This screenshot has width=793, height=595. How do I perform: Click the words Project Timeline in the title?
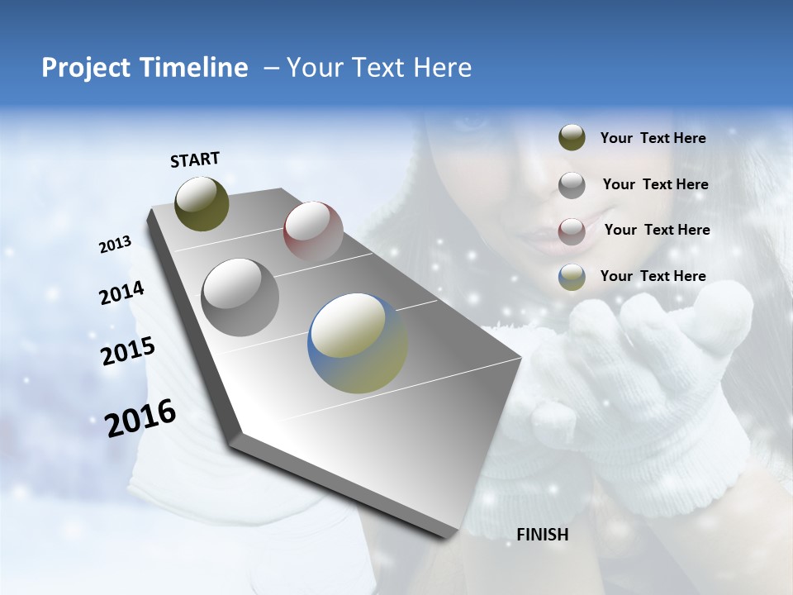click(145, 68)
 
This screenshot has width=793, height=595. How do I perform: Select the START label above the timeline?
click(195, 159)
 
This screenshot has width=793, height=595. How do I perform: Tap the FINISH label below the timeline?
click(543, 535)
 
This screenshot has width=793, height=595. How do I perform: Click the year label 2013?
click(115, 245)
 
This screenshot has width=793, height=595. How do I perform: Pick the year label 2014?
click(121, 293)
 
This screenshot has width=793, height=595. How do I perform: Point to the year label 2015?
click(127, 351)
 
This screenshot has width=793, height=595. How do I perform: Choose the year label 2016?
click(140, 418)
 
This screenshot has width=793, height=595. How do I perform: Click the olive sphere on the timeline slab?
click(202, 203)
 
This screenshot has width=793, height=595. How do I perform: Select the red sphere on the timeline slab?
click(313, 231)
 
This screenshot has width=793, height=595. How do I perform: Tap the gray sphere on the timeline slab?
click(240, 297)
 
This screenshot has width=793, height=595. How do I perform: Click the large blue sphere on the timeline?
click(358, 343)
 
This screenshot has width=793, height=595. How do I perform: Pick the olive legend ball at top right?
click(572, 138)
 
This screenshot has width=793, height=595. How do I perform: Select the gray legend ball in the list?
click(572, 185)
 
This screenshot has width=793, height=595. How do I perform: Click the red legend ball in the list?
click(572, 231)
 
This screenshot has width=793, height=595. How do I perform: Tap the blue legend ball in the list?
click(572, 277)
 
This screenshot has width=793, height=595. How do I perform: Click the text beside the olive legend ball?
click(653, 138)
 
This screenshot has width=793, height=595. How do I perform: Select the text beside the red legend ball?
click(657, 230)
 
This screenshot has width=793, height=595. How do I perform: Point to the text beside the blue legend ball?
click(653, 276)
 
